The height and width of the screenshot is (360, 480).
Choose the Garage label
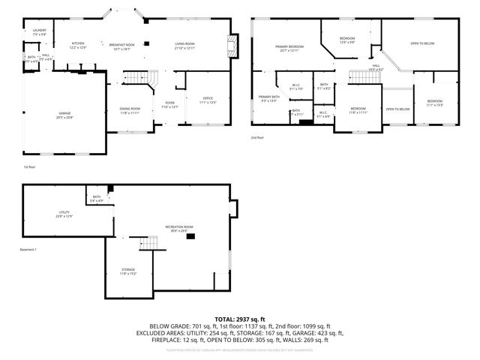tap(65, 115)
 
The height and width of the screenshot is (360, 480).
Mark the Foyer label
tap(170, 105)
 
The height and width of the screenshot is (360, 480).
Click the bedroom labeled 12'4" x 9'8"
tap(346, 40)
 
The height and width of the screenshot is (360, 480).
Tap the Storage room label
tap(129, 271)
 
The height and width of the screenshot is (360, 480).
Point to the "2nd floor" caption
tap(258, 138)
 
